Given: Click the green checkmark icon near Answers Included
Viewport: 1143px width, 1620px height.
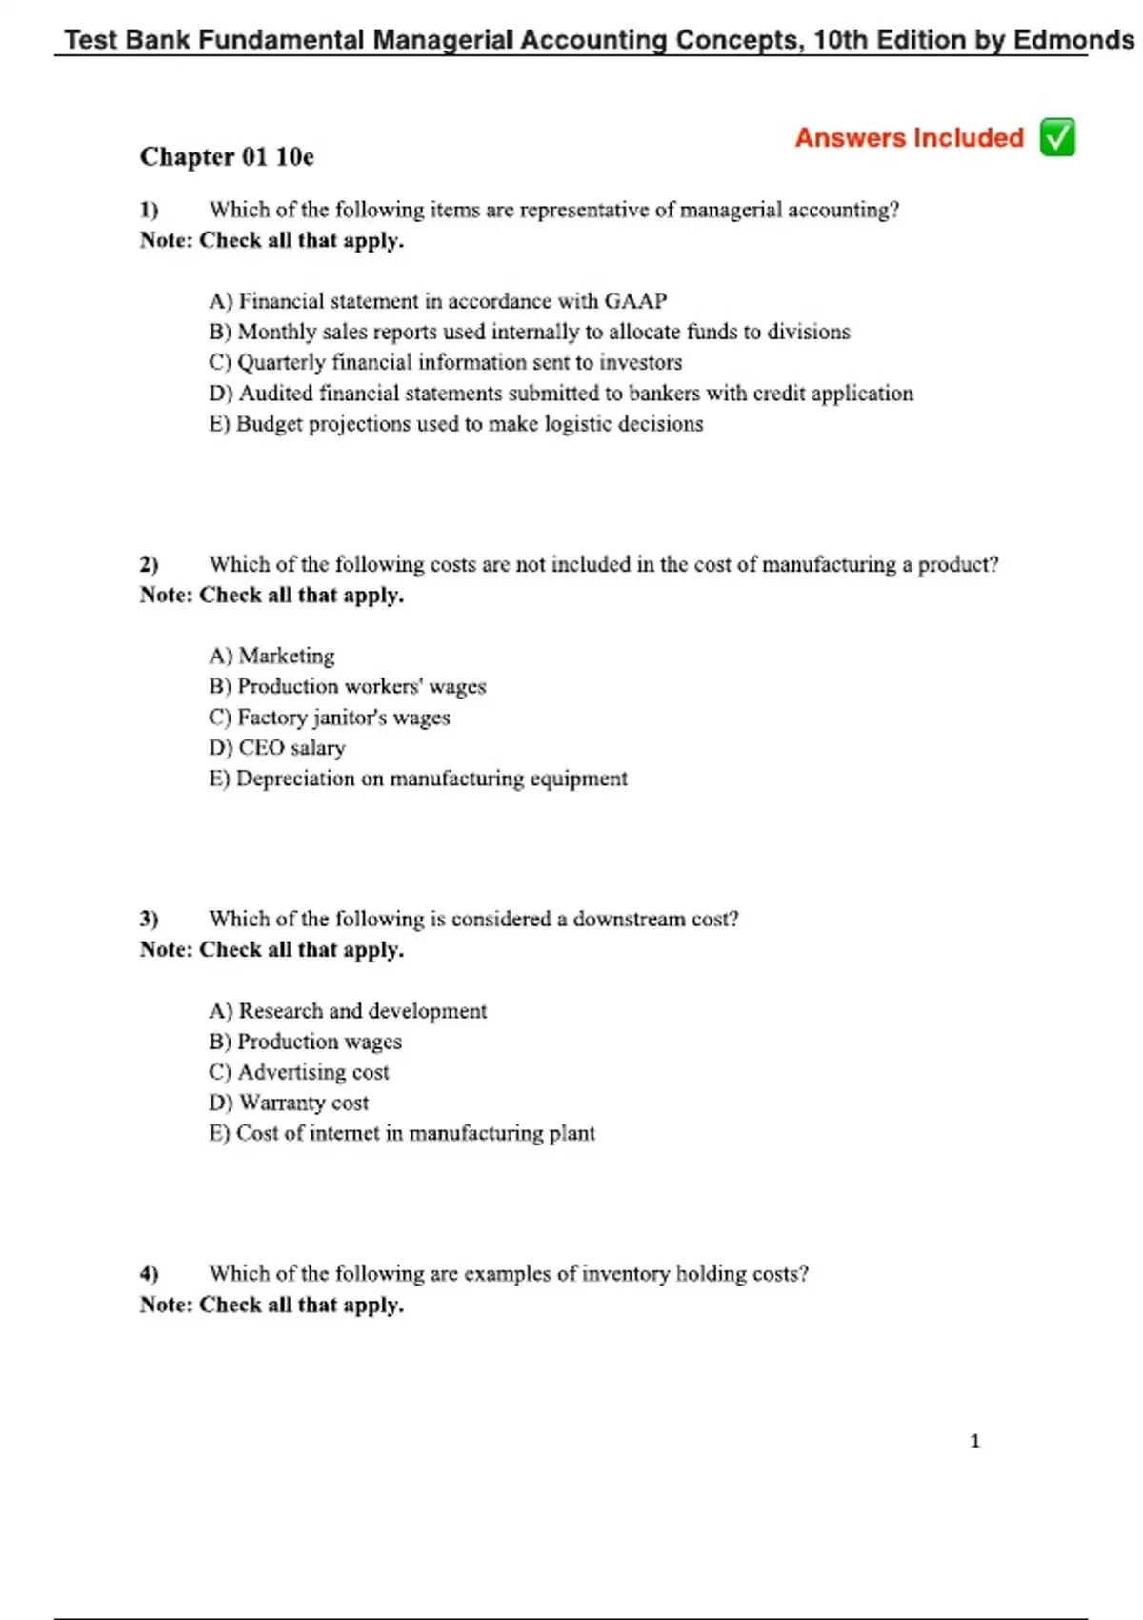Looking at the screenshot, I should (x=1057, y=137).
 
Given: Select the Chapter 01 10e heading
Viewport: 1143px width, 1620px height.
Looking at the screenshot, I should (x=227, y=156).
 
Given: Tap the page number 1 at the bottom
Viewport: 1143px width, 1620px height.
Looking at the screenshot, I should (x=974, y=1441).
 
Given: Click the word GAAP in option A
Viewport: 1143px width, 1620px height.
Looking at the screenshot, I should (x=635, y=301).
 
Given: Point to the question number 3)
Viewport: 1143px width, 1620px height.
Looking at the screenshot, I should (x=149, y=919).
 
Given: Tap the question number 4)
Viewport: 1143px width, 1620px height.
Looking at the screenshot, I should (x=149, y=1273).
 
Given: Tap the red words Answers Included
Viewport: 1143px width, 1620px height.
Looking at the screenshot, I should (x=909, y=137).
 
